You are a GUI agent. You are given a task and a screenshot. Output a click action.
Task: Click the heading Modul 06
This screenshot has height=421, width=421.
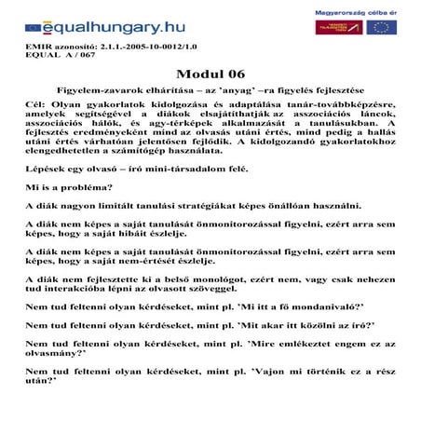pyautogui.click(x=210, y=73)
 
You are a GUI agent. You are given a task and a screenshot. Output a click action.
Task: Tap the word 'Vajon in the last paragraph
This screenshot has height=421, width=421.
pyautogui.click(x=268, y=371)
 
